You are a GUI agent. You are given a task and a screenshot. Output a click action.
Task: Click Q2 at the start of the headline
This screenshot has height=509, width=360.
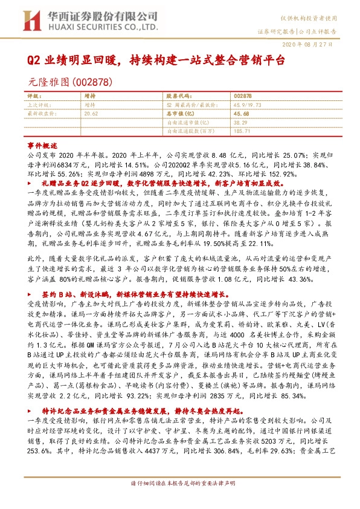(x=35, y=61)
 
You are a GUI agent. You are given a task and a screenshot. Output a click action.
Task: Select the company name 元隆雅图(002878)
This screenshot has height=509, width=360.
(x=63, y=81)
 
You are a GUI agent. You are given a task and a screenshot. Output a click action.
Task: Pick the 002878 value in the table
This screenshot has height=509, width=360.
(x=242, y=96)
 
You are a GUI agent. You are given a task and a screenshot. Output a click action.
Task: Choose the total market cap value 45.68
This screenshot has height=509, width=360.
(x=241, y=113)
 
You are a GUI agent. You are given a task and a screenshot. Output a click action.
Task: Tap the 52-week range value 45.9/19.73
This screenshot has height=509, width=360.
(x=248, y=105)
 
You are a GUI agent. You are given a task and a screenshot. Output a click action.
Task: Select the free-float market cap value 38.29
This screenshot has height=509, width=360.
(x=240, y=122)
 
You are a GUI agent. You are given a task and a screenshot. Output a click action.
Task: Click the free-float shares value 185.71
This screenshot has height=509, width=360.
(x=242, y=130)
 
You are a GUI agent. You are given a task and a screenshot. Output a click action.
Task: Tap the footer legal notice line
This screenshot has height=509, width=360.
(x=179, y=501)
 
